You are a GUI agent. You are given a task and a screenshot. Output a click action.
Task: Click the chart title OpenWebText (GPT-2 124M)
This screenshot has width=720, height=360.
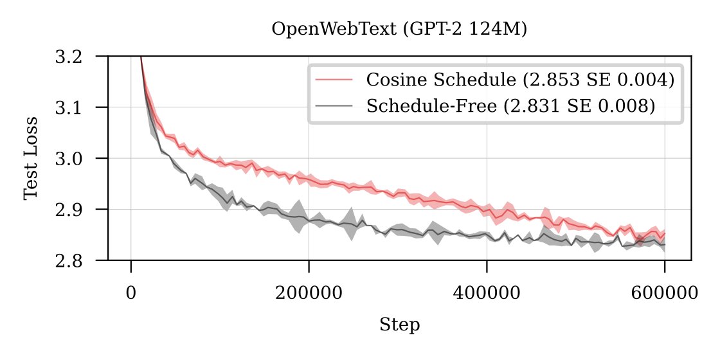point(399,29)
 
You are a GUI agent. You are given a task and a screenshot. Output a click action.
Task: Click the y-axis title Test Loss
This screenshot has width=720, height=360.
point(30,158)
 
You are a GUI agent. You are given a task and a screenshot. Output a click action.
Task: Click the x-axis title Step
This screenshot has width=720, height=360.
point(399,325)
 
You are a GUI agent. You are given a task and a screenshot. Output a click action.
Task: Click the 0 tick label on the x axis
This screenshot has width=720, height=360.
point(131,293)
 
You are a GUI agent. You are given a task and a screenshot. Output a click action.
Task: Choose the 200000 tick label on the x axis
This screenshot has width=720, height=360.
point(309,293)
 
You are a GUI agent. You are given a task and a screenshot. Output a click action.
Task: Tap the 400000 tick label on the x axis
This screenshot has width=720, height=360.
point(487,293)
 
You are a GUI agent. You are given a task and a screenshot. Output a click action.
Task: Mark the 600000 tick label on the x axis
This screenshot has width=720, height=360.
point(665,293)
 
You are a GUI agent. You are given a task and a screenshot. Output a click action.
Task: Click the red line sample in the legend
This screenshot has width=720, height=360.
point(334,80)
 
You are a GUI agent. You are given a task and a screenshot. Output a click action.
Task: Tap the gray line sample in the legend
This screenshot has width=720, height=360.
point(334,106)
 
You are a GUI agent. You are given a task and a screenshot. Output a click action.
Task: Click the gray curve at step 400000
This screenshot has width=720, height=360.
point(487,235)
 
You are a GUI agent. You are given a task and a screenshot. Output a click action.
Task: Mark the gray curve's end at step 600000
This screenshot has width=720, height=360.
point(665,245)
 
